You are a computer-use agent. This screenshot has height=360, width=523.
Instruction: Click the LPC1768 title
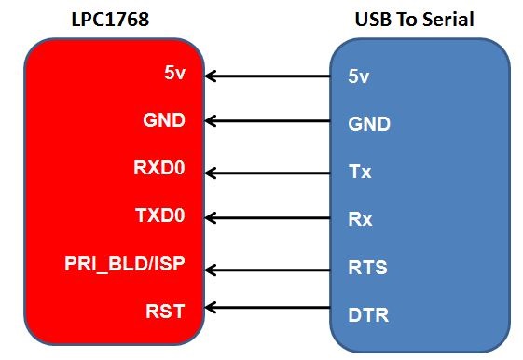click(110, 20)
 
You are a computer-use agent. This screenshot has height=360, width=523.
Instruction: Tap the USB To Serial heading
click(414, 20)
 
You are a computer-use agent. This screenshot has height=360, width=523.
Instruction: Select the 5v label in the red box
click(174, 73)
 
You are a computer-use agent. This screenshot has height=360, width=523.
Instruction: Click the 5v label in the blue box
click(359, 76)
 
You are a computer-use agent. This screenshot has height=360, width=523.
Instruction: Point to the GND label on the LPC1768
click(164, 120)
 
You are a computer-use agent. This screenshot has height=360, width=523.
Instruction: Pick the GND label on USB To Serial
click(369, 124)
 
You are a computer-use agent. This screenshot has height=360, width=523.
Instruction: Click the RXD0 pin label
click(159, 168)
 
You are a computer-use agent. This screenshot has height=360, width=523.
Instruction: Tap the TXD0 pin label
click(160, 215)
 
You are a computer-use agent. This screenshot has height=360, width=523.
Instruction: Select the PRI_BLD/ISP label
click(125, 264)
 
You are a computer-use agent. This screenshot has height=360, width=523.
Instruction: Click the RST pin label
click(165, 312)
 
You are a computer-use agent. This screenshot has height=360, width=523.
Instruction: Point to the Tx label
click(360, 172)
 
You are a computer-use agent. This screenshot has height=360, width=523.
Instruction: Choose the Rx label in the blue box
click(360, 219)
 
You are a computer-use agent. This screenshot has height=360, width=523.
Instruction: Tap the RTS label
click(367, 268)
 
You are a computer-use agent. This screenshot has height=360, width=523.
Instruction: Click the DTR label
click(368, 315)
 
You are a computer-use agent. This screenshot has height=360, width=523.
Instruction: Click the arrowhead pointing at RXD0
click(210, 173)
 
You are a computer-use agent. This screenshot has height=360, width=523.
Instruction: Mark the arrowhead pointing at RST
click(210, 307)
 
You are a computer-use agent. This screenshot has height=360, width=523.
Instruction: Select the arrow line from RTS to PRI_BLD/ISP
click(268, 270)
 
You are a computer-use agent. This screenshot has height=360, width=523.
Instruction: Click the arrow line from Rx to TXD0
click(268, 218)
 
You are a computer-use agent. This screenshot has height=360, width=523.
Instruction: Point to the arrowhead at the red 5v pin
click(210, 76)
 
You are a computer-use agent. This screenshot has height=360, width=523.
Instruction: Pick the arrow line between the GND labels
click(268, 121)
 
